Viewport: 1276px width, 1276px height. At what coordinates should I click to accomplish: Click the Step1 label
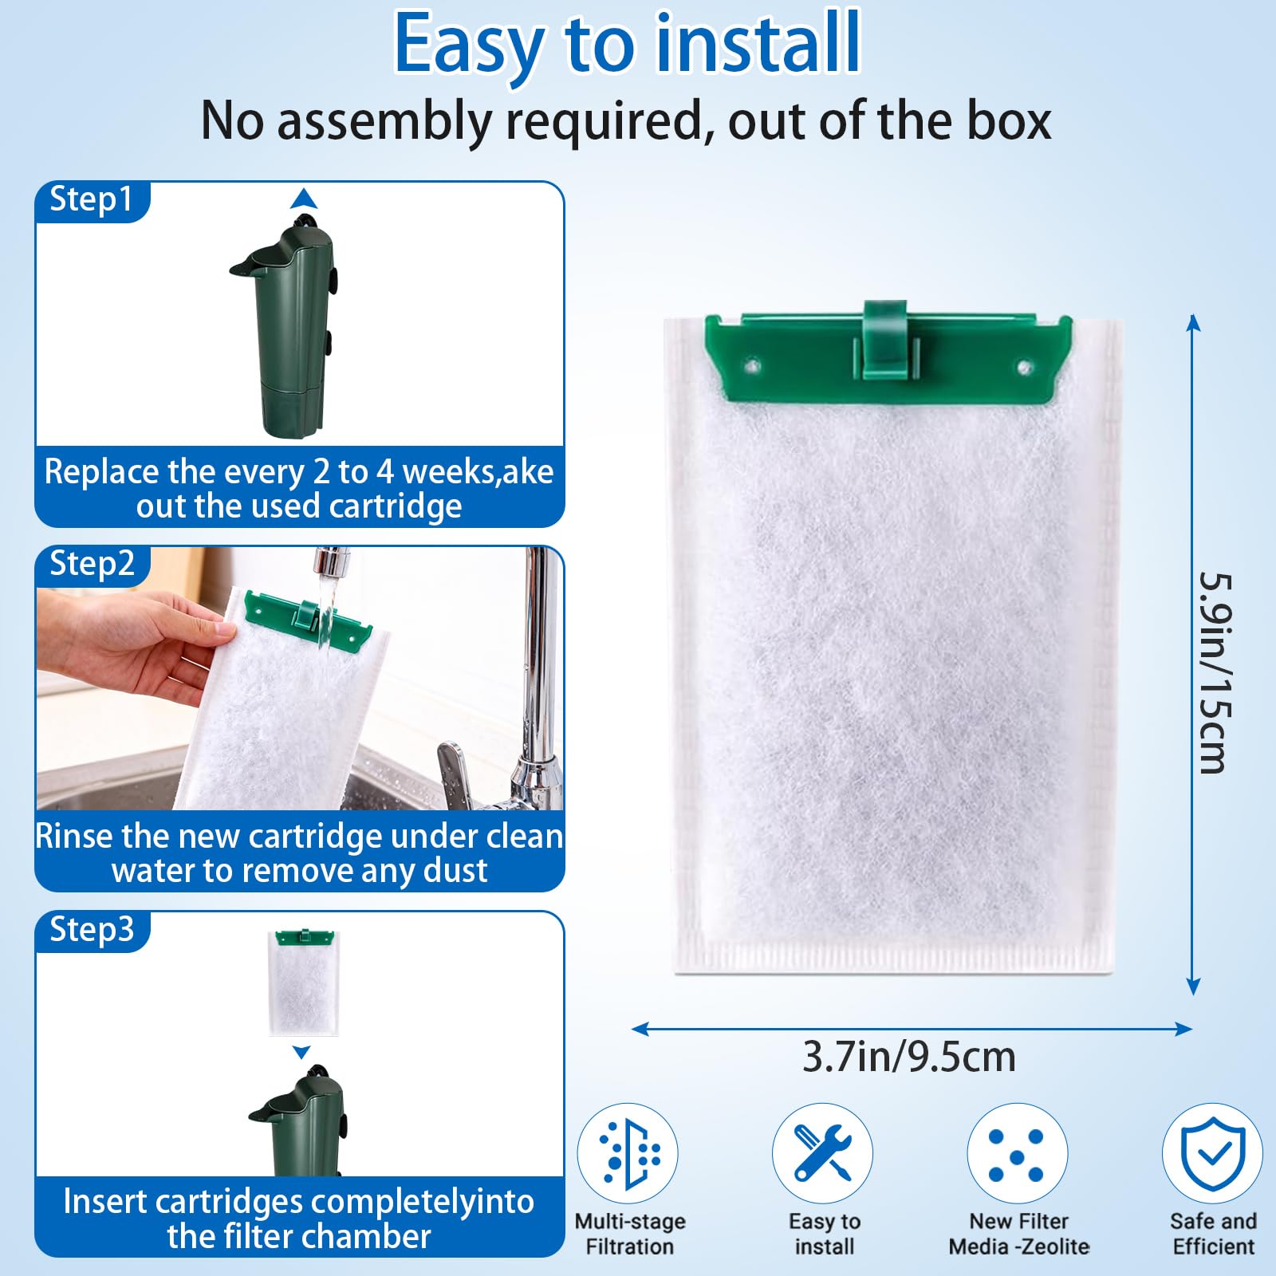pos(91,199)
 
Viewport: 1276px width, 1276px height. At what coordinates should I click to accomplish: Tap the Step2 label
pos(92,564)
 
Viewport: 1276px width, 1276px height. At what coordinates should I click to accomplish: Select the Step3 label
pos(92,930)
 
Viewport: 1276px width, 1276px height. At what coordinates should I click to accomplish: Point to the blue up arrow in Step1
pos(304,198)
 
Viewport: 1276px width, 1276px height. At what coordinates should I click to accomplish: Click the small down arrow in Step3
pos(301,1053)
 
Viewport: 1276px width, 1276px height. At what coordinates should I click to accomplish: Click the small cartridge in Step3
pos(304,982)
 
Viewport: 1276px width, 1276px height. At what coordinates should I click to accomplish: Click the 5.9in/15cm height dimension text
pos(1215,673)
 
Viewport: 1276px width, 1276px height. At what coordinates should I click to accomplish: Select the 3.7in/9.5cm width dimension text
pos(909,1057)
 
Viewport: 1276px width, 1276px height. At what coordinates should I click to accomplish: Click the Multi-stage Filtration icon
pos(628,1153)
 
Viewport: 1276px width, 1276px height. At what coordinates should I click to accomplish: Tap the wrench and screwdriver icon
pos(822,1153)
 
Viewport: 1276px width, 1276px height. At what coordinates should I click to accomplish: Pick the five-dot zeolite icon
pos(1017,1153)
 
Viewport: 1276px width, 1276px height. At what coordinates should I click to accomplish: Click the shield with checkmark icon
pos(1212,1153)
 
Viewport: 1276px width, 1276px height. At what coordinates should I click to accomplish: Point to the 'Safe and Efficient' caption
pos(1213,1234)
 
